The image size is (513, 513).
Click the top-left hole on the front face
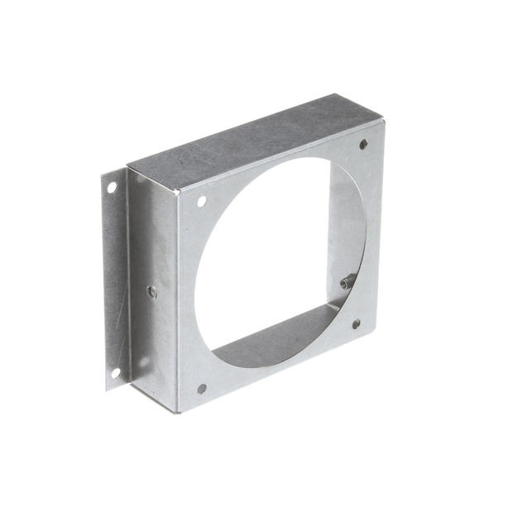point(202,201)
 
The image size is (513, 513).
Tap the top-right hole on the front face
point(363,145)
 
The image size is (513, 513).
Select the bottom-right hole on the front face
point(356,324)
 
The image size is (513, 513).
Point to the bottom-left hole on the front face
point(201,388)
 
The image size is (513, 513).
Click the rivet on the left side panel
point(151,291)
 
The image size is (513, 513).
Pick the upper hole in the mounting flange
point(112,188)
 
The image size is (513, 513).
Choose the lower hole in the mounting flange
point(116,372)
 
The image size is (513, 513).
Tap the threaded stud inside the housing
point(348,281)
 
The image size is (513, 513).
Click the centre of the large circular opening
point(273,265)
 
